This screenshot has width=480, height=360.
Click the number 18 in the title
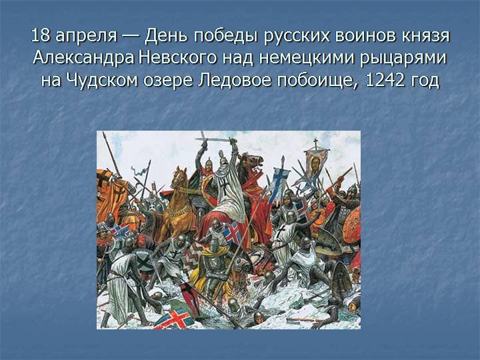coord(41,36)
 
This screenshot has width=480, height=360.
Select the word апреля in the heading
coord(86,37)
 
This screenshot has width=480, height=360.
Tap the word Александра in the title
coord(83,58)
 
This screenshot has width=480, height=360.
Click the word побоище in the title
coord(317,81)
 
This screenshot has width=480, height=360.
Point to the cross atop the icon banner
coord(315,143)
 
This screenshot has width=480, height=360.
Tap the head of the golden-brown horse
coord(179,176)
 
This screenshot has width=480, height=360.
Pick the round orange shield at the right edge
coord(351,226)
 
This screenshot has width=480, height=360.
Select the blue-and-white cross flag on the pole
coord(279,185)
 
